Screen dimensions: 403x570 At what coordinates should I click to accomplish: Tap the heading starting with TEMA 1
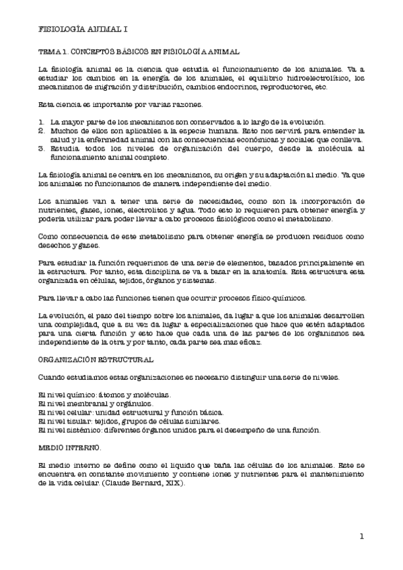135,51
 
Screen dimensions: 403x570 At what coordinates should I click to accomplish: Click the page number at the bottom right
361,536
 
